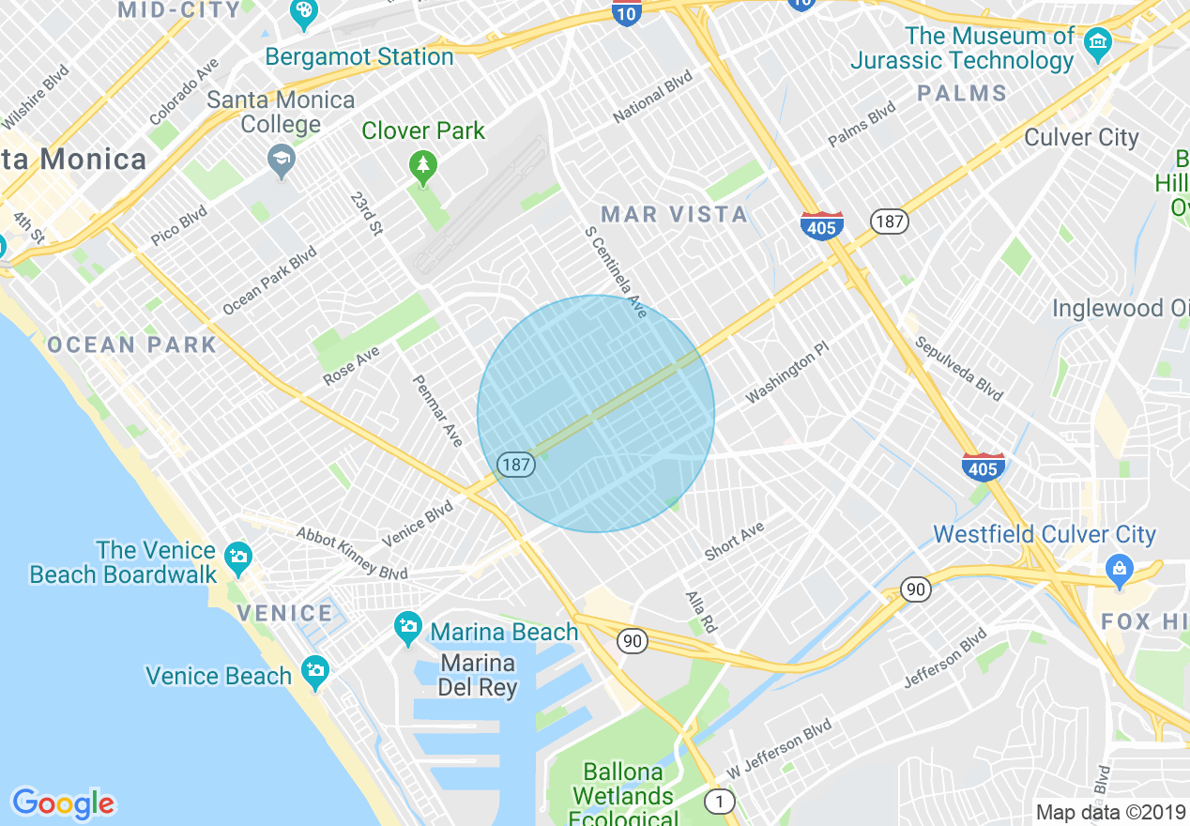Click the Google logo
[x=64, y=803]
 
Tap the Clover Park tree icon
[x=423, y=168]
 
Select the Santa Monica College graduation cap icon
[x=281, y=161]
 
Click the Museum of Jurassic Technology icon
[x=1097, y=42]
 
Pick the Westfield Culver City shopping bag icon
[x=1119, y=569]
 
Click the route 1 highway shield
[x=719, y=802]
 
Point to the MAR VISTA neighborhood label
[x=675, y=215]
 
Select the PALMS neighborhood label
[x=962, y=94]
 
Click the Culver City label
[x=1081, y=138]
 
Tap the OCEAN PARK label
[x=132, y=344]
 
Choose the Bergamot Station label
[x=359, y=57]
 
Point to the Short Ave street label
[x=734, y=542]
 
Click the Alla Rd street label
[x=701, y=611]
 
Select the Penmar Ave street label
[x=438, y=410]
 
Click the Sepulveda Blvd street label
[x=959, y=369]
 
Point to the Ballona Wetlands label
[x=623, y=785]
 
